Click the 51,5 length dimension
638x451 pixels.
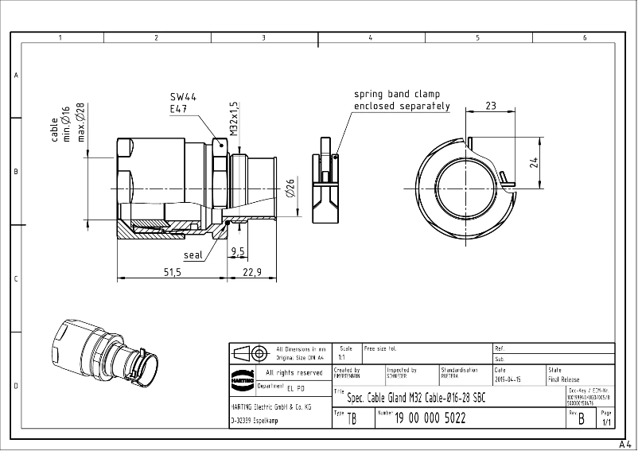[173, 272]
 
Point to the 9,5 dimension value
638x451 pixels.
[237, 251]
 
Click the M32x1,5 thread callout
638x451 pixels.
[235, 118]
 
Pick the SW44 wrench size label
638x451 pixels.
[184, 95]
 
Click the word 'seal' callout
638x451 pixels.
[193, 255]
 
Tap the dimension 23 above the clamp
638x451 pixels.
[491, 105]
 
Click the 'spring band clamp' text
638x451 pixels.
[397, 94]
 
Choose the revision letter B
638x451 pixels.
[582, 418]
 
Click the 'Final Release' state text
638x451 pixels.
[564, 380]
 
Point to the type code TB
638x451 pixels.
[352, 419]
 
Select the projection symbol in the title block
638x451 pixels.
[251, 352]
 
